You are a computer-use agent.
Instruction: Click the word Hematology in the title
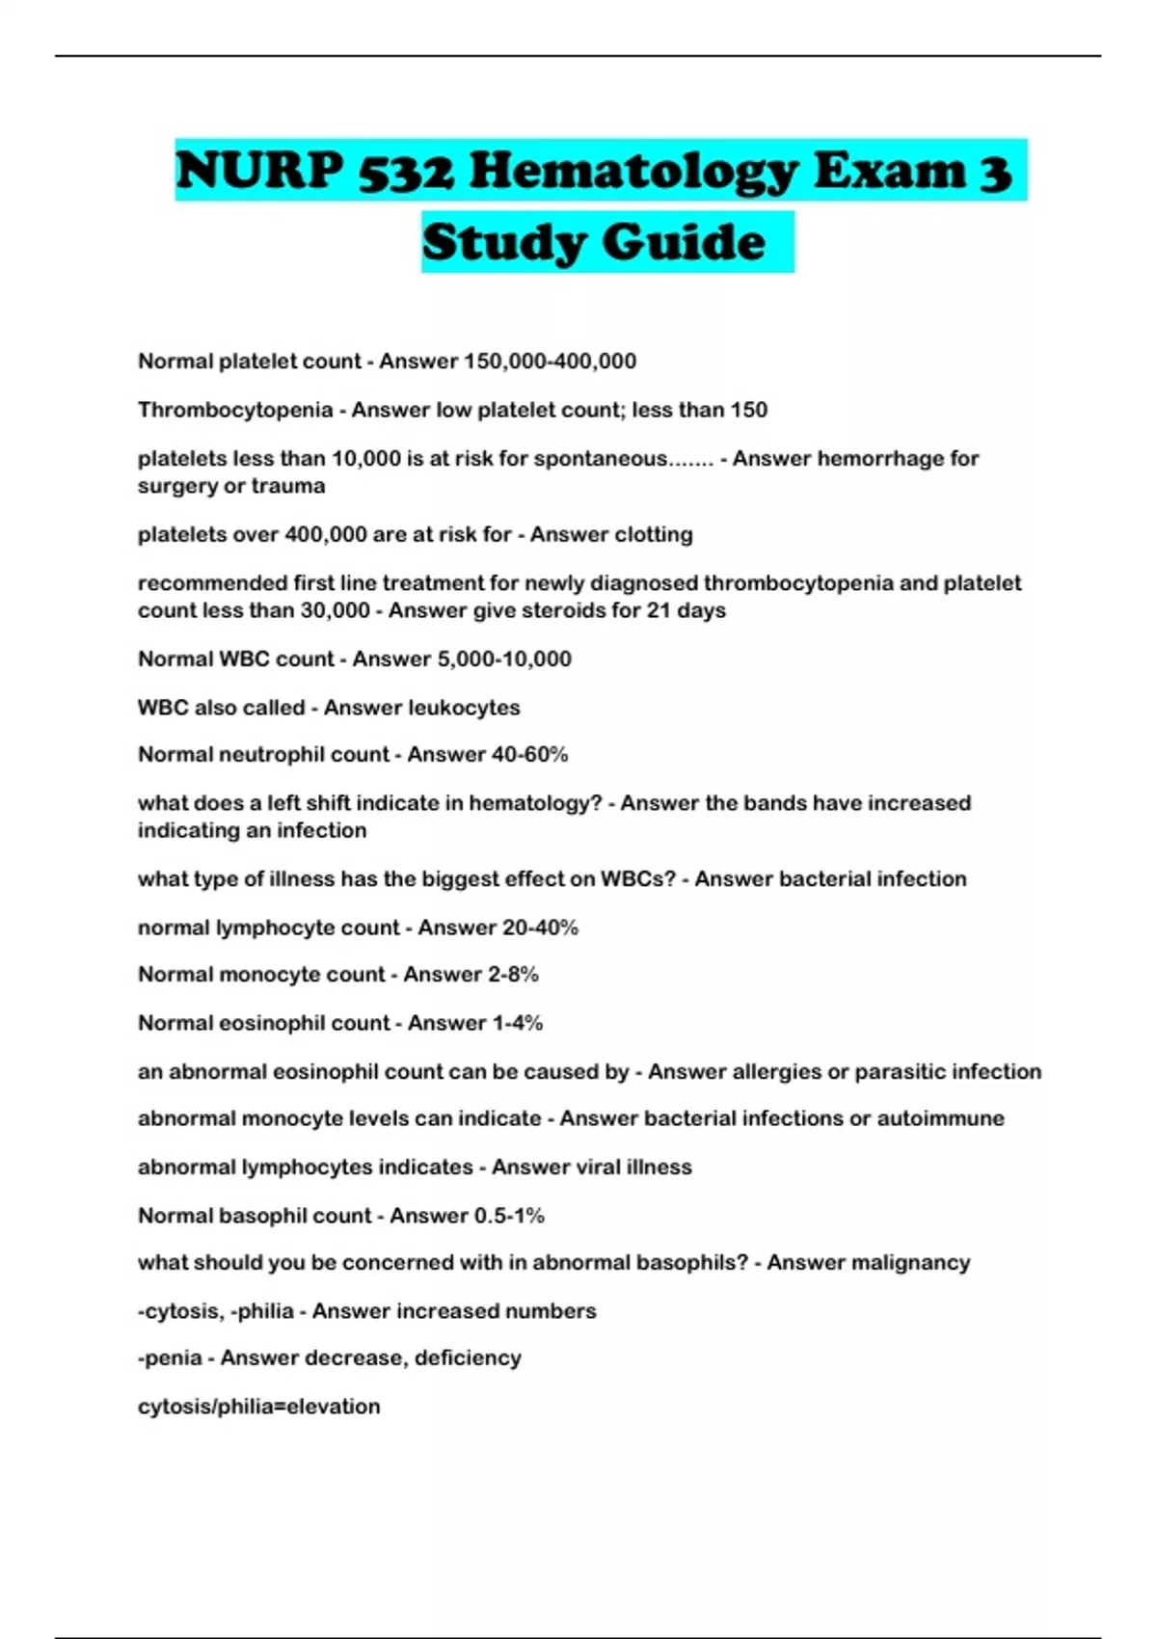(633, 172)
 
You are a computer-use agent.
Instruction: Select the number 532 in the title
(406, 172)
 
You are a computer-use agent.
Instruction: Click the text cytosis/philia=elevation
(258, 1407)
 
